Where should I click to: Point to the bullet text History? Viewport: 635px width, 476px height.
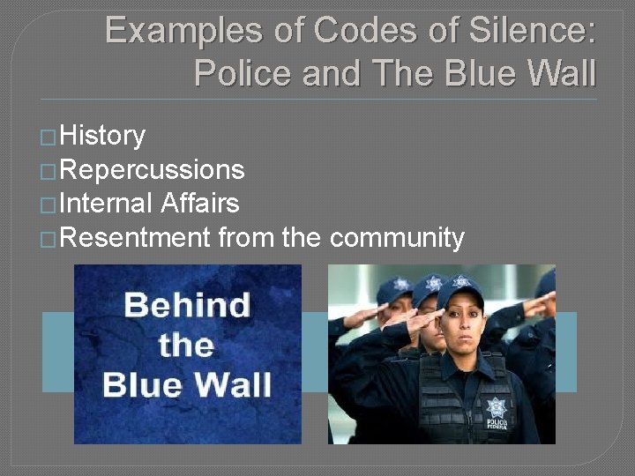pyautogui.click(x=103, y=136)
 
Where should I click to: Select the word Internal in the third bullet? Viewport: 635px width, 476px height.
pyautogui.click(x=107, y=204)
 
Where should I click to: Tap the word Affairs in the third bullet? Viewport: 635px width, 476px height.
pyautogui.click(x=200, y=204)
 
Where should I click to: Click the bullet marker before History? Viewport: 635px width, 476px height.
pyautogui.click(x=50, y=138)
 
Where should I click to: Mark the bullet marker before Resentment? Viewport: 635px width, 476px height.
pyautogui.click(x=50, y=240)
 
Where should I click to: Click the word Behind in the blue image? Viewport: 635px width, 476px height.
pyautogui.click(x=187, y=306)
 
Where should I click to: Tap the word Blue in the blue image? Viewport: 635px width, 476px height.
pyautogui.click(x=146, y=384)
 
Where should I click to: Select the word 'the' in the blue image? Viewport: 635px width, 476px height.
pyautogui.click(x=186, y=345)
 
